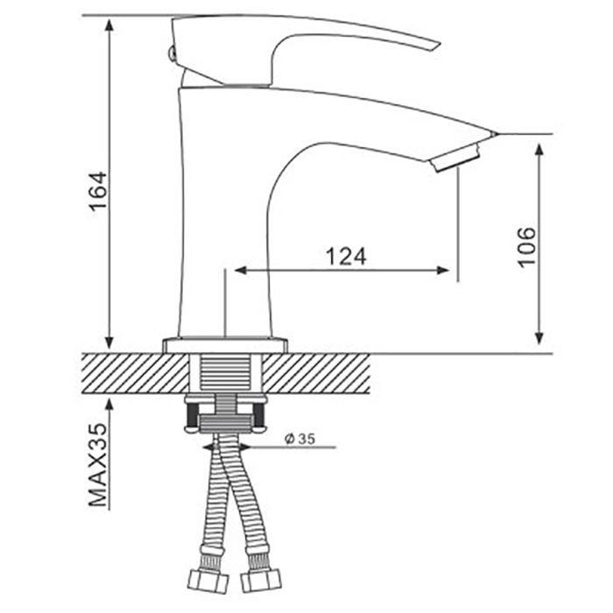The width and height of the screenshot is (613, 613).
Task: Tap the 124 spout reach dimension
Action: [346, 257]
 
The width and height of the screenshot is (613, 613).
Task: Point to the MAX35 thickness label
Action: [97, 465]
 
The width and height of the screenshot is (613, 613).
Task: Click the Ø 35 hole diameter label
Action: [299, 439]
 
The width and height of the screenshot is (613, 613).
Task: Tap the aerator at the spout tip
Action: [455, 158]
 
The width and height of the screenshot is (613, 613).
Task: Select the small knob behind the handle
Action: [170, 53]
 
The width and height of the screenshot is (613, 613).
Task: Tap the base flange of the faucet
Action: [225, 346]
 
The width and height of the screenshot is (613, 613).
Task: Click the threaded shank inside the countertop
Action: [226, 373]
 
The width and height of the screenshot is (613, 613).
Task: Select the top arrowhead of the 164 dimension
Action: [109, 26]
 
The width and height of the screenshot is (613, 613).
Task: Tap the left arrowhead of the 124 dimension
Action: [242, 270]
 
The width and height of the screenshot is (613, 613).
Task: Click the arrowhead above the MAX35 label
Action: [109, 405]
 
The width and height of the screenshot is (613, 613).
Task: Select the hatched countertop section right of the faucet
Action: [316, 374]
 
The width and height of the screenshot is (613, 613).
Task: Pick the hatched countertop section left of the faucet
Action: [136, 374]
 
